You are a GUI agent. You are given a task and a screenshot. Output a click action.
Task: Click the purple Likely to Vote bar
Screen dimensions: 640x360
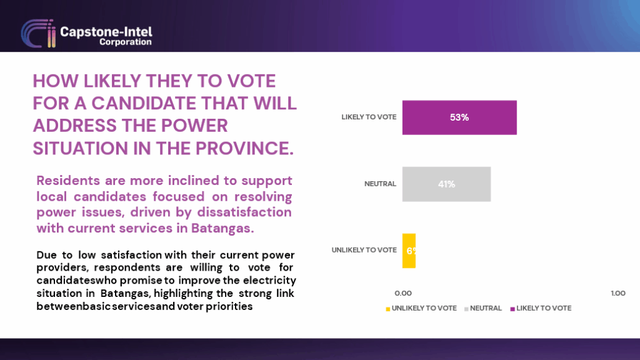(x=459, y=117)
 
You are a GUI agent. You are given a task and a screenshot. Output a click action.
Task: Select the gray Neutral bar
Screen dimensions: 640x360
(x=446, y=184)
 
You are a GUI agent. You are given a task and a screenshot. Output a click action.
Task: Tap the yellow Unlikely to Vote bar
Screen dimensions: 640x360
(x=409, y=251)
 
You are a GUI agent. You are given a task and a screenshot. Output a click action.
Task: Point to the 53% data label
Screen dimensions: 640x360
(x=459, y=117)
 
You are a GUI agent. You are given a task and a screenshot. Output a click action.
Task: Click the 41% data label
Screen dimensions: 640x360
(x=446, y=184)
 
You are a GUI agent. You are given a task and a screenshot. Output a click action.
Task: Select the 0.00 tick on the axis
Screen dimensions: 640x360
(x=403, y=293)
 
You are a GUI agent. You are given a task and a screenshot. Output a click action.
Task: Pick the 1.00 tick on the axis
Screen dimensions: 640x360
(x=618, y=293)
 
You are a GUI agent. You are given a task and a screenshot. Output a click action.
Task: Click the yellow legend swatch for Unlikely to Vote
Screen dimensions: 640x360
(x=387, y=309)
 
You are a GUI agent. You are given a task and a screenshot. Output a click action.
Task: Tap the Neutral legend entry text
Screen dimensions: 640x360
(x=486, y=308)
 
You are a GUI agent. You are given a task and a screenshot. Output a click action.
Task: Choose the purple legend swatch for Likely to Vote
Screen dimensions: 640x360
(x=512, y=309)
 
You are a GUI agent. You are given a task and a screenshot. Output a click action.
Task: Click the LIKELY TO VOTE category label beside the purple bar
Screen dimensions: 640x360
(x=369, y=117)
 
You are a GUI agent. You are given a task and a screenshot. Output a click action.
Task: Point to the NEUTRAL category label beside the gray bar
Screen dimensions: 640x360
(x=380, y=184)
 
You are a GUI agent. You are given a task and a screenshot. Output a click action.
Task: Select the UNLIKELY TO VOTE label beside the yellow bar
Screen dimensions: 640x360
(x=364, y=250)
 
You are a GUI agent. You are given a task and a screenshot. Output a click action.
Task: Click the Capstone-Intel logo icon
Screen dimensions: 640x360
(x=38, y=34)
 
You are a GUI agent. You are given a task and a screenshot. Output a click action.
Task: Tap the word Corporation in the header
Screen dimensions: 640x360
(x=126, y=42)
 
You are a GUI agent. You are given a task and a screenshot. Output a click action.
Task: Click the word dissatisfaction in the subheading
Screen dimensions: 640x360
(x=244, y=212)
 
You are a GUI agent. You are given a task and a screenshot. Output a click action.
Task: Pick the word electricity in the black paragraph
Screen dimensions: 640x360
(x=269, y=281)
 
